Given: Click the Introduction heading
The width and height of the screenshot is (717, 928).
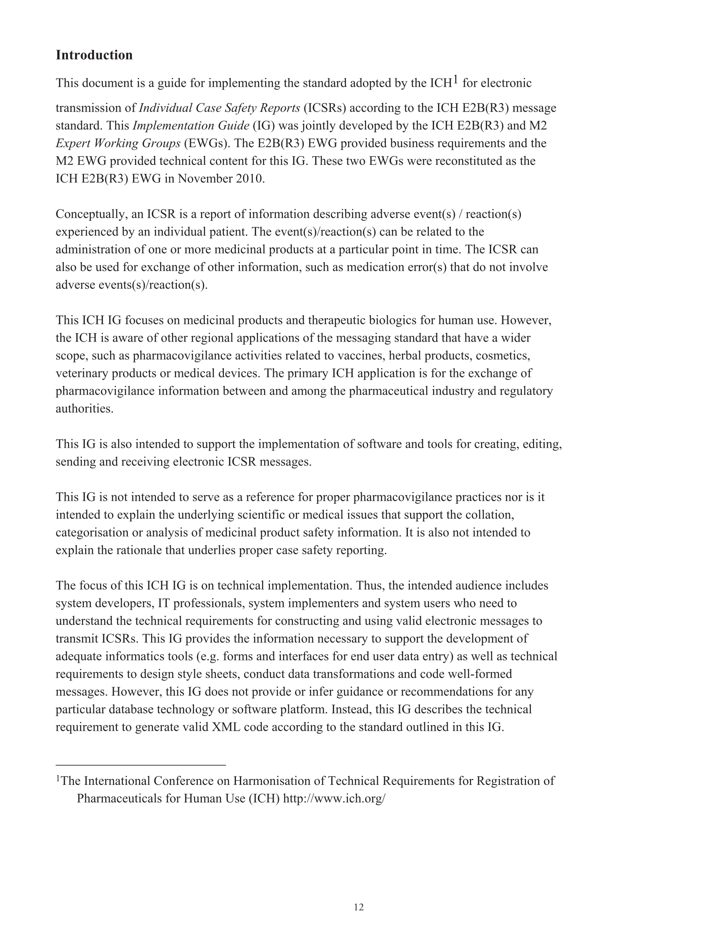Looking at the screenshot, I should [x=94, y=55].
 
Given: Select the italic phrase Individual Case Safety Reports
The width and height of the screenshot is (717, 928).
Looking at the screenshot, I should [x=219, y=108].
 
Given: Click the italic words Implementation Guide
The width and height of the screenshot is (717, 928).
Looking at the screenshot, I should [x=191, y=126].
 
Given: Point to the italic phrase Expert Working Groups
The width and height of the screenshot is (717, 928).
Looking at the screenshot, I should [x=118, y=143].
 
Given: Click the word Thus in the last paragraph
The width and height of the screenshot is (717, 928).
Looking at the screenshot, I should [x=369, y=586].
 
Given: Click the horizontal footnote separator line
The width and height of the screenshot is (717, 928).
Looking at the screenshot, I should [x=141, y=765].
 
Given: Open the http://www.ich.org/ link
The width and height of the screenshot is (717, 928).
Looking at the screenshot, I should [x=334, y=799].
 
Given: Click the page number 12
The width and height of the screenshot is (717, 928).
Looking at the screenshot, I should [x=358, y=907].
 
